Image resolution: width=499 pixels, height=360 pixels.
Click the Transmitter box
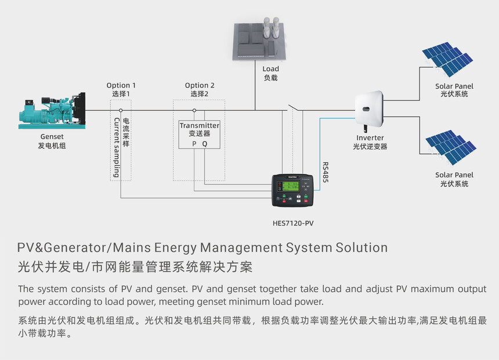pyautogui.click(x=199, y=134)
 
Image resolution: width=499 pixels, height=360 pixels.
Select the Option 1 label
pyautogui.click(x=121, y=85)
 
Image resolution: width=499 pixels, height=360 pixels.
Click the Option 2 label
pyautogui.click(x=200, y=85)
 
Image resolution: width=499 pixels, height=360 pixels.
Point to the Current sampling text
pyautogui.click(x=117, y=147)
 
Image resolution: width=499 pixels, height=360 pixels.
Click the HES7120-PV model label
pyautogui.click(x=293, y=222)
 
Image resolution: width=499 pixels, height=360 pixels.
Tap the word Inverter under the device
pyautogui.click(x=370, y=138)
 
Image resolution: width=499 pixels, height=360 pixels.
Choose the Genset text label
pyautogui.click(x=52, y=137)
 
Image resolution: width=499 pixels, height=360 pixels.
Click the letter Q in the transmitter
pyautogui.click(x=204, y=143)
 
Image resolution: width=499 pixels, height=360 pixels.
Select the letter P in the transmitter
pyautogui.click(x=194, y=143)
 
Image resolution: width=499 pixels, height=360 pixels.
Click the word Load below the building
pyautogui.click(x=270, y=69)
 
